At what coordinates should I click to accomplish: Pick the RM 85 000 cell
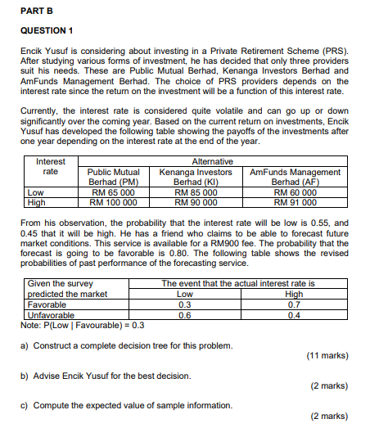tap(196, 191)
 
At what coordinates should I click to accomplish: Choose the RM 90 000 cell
tap(196, 201)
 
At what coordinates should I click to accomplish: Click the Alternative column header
tap(211, 162)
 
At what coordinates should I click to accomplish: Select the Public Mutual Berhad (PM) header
tap(113, 177)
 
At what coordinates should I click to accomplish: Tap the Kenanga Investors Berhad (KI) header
tap(196, 177)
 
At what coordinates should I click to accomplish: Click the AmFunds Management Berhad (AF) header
tap(294, 177)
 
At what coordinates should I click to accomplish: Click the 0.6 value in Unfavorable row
tap(185, 314)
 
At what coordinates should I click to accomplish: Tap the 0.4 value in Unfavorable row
tap(293, 314)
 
